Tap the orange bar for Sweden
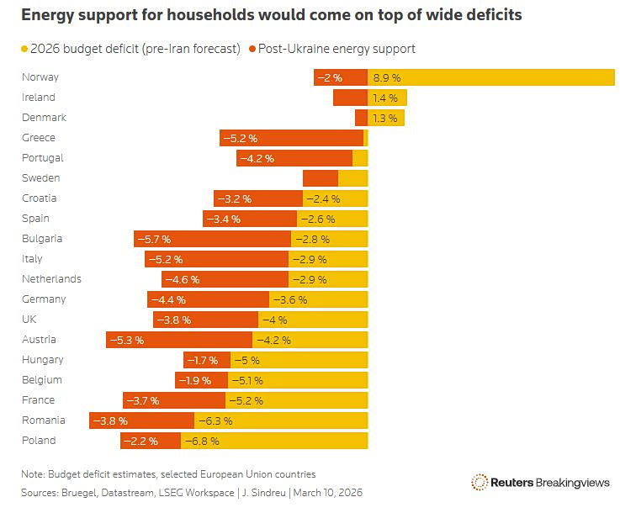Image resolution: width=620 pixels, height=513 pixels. click(320, 178)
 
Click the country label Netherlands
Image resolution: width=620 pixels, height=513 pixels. click(51, 279)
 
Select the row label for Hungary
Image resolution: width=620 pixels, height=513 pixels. click(42, 360)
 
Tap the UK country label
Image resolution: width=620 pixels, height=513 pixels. click(29, 320)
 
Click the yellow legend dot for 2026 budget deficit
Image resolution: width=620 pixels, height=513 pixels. click(25, 49)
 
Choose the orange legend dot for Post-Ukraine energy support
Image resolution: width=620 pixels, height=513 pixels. click(252, 49)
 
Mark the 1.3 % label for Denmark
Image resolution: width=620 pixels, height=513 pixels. click(385, 118)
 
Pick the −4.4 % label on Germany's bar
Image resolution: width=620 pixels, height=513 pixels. click(167, 299)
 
